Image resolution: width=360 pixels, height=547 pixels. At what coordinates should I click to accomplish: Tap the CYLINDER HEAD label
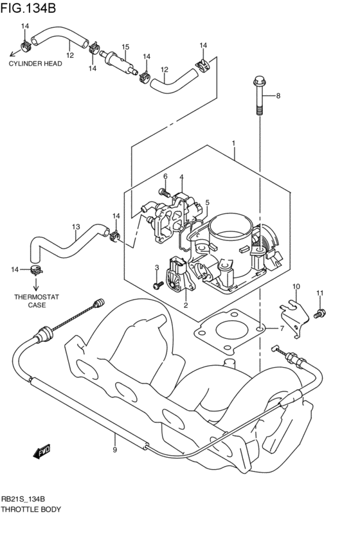point(35,64)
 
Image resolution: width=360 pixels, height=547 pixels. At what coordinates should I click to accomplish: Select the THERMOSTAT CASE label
point(37,301)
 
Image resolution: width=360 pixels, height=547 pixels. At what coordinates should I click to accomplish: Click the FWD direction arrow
point(42,452)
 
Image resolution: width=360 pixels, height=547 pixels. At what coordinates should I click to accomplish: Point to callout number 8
point(278,96)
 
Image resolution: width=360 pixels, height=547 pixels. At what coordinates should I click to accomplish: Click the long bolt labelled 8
point(259,96)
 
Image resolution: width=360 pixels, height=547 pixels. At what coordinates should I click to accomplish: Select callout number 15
point(125,47)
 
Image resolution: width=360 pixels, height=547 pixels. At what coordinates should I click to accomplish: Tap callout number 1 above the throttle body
point(234,143)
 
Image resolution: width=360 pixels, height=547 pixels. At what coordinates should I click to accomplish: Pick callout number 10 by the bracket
point(296,286)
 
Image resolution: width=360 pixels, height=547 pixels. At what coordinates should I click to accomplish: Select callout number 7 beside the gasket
point(281,328)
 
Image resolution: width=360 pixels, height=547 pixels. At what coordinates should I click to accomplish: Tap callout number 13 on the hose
point(76,227)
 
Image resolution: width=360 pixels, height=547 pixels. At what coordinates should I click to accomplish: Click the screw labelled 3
point(156,283)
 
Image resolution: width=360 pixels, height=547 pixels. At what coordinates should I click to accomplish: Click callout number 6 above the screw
point(165,176)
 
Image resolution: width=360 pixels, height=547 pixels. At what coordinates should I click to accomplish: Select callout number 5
point(207,203)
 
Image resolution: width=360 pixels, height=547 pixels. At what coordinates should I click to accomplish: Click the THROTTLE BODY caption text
point(31,509)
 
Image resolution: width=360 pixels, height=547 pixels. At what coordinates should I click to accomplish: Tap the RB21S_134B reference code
point(26,499)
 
